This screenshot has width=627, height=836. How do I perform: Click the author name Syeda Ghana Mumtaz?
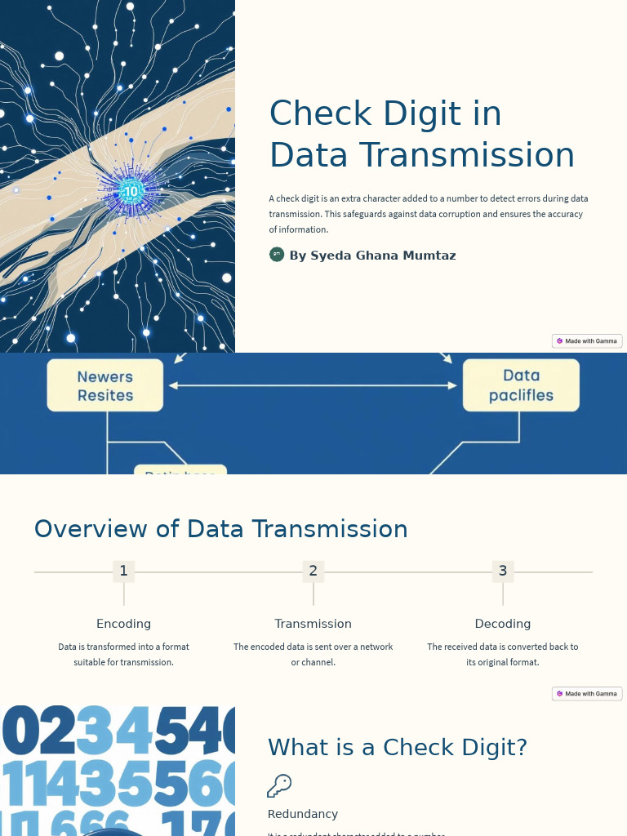tap(372, 256)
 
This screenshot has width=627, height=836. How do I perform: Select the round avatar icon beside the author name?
tap(277, 255)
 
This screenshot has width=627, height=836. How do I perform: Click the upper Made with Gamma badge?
tap(587, 340)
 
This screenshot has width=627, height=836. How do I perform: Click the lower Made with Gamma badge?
tap(587, 693)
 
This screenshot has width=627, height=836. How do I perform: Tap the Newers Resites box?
tap(105, 385)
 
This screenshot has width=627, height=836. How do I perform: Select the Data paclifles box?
tap(521, 385)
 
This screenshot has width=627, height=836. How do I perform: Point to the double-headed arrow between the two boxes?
tap(313, 385)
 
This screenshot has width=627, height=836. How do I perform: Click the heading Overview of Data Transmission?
tap(220, 529)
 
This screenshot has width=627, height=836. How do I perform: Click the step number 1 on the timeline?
tap(123, 571)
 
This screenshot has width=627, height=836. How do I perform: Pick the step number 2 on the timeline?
tap(313, 571)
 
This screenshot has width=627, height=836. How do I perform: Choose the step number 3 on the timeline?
tap(503, 571)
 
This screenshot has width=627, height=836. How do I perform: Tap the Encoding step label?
tap(123, 624)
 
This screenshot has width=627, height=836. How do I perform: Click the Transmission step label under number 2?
tap(313, 624)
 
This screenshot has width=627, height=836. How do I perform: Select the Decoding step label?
tap(503, 624)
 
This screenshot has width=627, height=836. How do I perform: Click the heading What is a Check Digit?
tap(398, 747)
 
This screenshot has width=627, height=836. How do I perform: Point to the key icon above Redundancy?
tap(279, 785)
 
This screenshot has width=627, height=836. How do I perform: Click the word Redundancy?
tap(303, 814)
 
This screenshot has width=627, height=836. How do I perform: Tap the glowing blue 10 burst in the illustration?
tap(131, 192)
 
